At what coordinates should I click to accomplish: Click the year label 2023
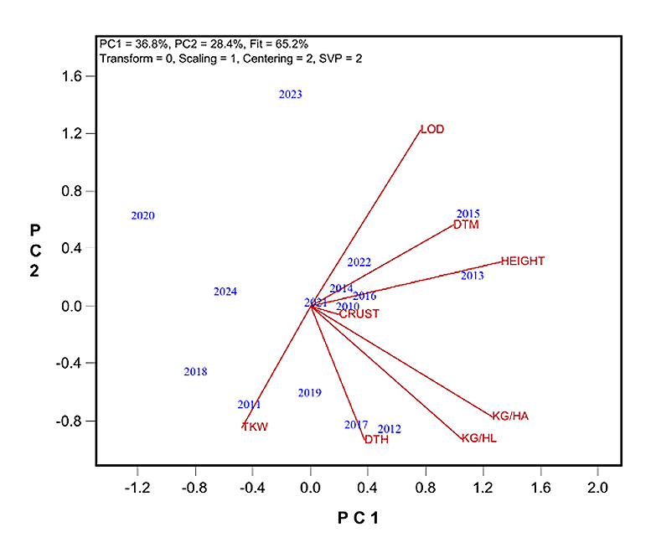[x=291, y=95]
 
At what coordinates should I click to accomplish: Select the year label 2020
[x=143, y=216]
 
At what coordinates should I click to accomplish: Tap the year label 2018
[x=195, y=372]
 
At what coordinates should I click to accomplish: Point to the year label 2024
[x=225, y=292]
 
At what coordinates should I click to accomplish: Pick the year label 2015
[x=468, y=215]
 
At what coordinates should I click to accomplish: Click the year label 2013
[x=473, y=276]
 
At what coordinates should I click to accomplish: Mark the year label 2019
[x=309, y=393]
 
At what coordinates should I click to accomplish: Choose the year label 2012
[x=390, y=430]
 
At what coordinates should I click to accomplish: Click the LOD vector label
[x=432, y=130]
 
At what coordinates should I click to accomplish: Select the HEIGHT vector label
[x=523, y=261]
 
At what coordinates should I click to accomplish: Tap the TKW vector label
[x=255, y=427]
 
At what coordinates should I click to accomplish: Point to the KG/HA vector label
[x=510, y=416]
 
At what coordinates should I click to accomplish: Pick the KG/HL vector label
[x=479, y=438]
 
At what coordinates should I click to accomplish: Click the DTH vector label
[x=376, y=440]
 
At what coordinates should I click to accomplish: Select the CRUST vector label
[x=359, y=314]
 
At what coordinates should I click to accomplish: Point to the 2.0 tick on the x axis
[x=597, y=487]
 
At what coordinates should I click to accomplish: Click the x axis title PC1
[x=359, y=519]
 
